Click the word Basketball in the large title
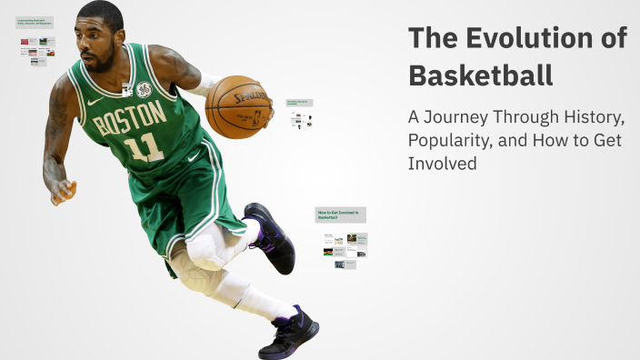pyautogui.click(x=480, y=75)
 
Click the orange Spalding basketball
pyautogui.click(x=239, y=105)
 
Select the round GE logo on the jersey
pyautogui.click(x=144, y=90)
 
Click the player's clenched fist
pyautogui.click(x=62, y=191)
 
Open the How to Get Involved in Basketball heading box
pyautogui.click(x=340, y=215)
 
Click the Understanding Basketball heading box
pyautogui.click(x=35, y=23)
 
